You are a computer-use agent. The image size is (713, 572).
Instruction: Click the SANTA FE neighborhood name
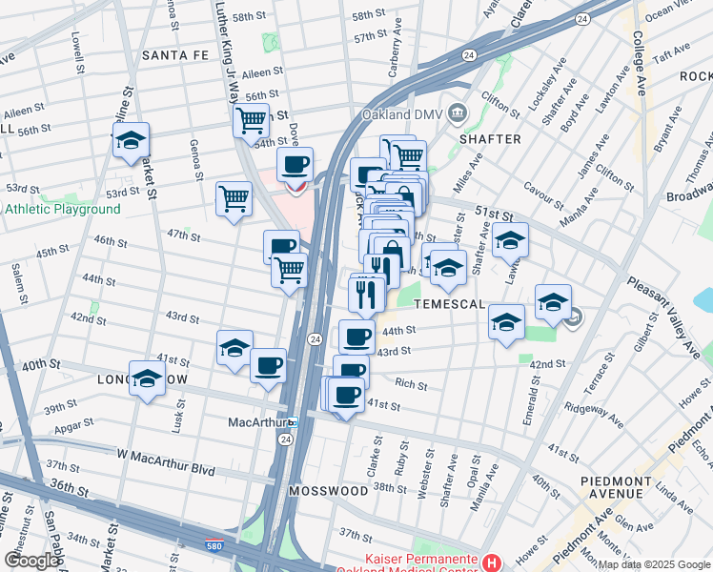tap(175, 55)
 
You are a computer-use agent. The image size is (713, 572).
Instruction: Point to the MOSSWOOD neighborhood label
tap(328, 491)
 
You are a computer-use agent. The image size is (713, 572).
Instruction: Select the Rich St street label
tap(411, 384)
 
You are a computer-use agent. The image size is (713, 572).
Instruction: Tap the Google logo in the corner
tap(31, 560)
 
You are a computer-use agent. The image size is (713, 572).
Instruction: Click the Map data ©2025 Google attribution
tap(653, 564)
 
